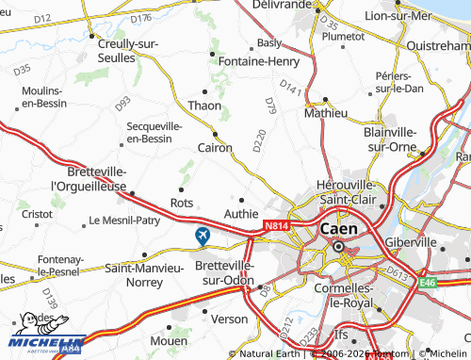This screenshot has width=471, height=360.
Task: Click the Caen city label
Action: (339, 229)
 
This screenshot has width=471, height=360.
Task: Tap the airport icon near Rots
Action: (202, 236)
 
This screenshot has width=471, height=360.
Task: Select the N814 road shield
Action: (276, 226)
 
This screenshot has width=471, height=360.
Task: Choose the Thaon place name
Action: (204, 106)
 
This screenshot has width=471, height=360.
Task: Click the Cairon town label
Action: (215, 147)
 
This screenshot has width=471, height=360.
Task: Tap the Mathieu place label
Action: (327, 112)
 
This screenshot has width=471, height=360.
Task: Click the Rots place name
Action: (182, 203)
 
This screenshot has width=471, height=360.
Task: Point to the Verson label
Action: (230, 319)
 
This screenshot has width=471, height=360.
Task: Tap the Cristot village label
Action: (38, 214)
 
